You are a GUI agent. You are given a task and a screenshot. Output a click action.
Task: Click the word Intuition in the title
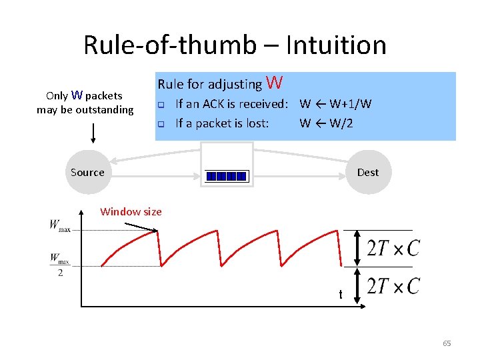click(335, 45)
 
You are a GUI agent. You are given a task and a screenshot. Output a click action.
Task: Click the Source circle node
click(87, 172)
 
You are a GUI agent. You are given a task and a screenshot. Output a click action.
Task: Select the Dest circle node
click(367, 172)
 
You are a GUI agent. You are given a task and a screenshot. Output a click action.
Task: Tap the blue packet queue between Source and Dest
click(227, 177)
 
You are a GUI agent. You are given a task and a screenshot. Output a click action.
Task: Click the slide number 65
click(447, 343)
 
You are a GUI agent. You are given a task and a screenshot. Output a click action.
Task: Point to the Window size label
click(131, 212)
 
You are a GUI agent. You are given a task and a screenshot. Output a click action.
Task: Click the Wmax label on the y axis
click(59, 225)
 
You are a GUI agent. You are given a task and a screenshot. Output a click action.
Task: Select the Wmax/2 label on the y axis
click(59, 264)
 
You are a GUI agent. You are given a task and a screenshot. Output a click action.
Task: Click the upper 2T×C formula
click(393, 248)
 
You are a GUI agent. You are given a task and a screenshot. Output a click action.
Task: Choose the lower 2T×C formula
click(393, 286)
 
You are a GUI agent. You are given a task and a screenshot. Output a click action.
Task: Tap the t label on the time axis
click(341, 294)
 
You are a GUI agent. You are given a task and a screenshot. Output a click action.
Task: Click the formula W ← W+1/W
click(335, 104)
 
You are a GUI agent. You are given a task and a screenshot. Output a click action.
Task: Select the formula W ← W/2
click(327, 123)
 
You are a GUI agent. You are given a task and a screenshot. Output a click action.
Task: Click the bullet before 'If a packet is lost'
click(160, 123)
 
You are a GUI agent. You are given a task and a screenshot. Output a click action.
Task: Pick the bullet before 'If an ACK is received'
click(160, 105)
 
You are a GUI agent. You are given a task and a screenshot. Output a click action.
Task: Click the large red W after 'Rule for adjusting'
click(274, 83)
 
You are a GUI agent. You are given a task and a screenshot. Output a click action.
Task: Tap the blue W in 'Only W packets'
click(77, 95)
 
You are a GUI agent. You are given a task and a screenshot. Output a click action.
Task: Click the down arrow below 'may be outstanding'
click(93, 133)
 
